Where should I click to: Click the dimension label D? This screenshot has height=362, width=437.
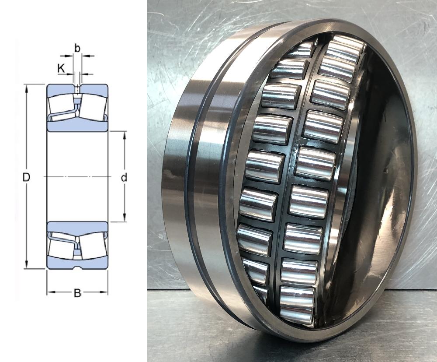pyautogui.click(x=26, y=177)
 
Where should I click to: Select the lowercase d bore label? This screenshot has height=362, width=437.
pyautogui.click(x=124, y=177)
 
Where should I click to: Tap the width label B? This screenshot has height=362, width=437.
pyautogui.click(x=77, y=293)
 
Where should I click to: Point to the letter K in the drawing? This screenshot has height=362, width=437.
pyautogui.click(x=61, y=68)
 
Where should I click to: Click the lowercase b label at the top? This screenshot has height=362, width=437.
pyautogui.click(x=77, y=48)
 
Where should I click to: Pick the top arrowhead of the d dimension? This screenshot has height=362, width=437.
pyautogui.click(x=124, y=135)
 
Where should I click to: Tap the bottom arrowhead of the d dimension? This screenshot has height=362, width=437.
pyautogui.click(x=124, y=218)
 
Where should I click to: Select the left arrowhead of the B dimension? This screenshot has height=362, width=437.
pyautogui.click(x=51, y=292)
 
